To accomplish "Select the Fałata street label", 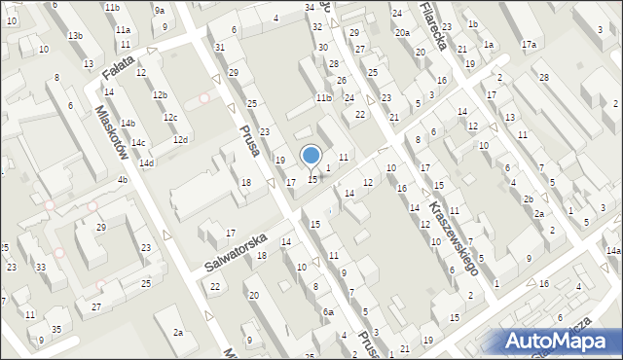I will [116, 70].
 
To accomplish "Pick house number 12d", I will [180, 139].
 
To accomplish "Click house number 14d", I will [146, 162].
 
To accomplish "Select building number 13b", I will [75, 36].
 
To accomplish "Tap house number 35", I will [56, 330].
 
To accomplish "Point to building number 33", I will [40, 267].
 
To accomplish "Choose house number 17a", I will [529, 45].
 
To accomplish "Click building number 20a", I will [402, 32].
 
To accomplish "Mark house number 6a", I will [329, 311].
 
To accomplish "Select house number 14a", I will [613, 251].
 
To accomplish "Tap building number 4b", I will [122, 180].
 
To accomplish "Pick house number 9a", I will [159, 11].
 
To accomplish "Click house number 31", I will [220, 47].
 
